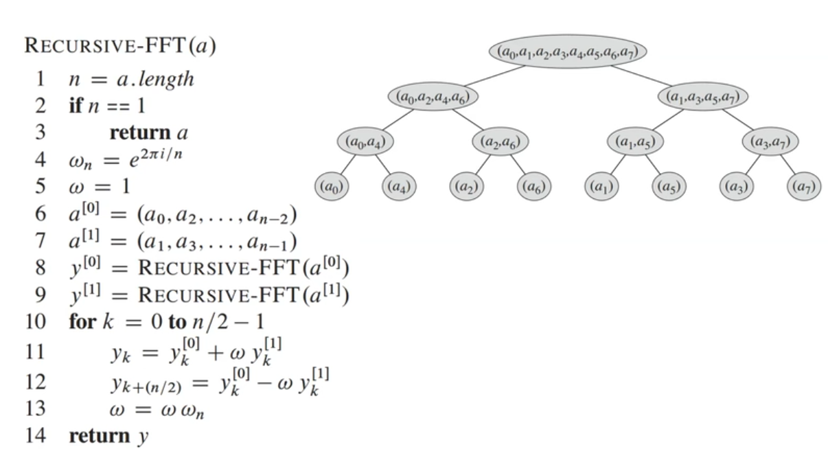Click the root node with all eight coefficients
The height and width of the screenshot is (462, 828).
click(568, 51)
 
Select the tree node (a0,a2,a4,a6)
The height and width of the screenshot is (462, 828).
click(433, 97)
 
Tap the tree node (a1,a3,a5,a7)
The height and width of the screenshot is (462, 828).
click(703, 97)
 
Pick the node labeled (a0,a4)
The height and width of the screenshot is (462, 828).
click(365, 141)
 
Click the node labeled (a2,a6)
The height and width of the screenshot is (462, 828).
click(501, 141)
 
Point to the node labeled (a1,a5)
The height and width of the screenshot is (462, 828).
click(635, 141)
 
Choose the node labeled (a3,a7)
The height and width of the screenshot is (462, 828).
click(770, 141)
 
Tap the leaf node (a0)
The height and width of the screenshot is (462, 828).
click(332, 187)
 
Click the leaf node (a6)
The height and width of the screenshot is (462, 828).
click(534, 187)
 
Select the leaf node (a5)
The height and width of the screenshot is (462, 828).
click(669, 187)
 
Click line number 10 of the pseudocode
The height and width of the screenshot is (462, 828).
click(36, 321)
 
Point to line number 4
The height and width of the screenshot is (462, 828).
click(41, 160)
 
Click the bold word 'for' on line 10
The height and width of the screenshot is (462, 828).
click(83, 321)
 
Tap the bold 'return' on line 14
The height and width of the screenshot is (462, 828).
click(100, 436)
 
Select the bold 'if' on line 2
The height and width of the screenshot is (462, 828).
click(76, 105)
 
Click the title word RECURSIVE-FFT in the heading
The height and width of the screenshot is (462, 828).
click(104, 46)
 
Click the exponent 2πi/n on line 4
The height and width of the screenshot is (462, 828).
click(161, 154)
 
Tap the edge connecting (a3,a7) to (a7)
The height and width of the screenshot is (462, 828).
click(787, 165)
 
